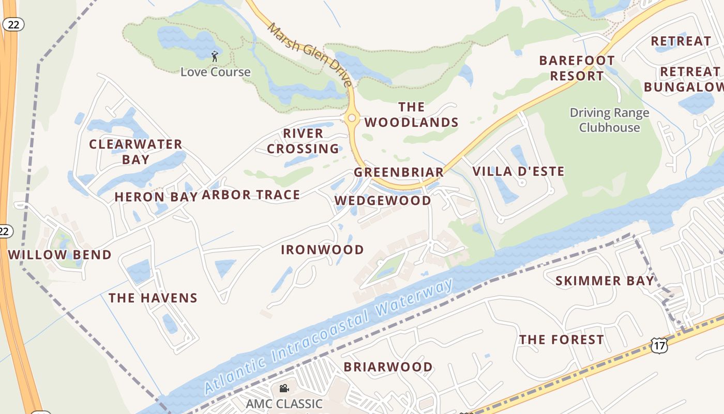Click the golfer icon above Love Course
[x=215, y=56]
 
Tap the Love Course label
[x=215, y=72]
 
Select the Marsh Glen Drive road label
[x=310, y=54]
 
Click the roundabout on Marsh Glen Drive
[x=352, y=118]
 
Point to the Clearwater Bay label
[x=135, y=152]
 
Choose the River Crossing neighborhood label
[x=303, y=141]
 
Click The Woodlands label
[x=412, y=115]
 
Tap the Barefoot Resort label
[x=577, y=68]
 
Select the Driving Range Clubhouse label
[x=609, y=120]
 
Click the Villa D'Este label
[x=518, y=171]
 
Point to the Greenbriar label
[x=399, y=172]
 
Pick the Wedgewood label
[x=383, y=201]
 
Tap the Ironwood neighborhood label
[x=322, y=250]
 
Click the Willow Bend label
[x=60, y=255]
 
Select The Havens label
[x=153, y=298]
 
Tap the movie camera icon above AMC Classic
[x=284, y=388]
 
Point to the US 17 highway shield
[x=659, y=346]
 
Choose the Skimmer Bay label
[x=605, y=281]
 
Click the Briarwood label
[x=388, y=367]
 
